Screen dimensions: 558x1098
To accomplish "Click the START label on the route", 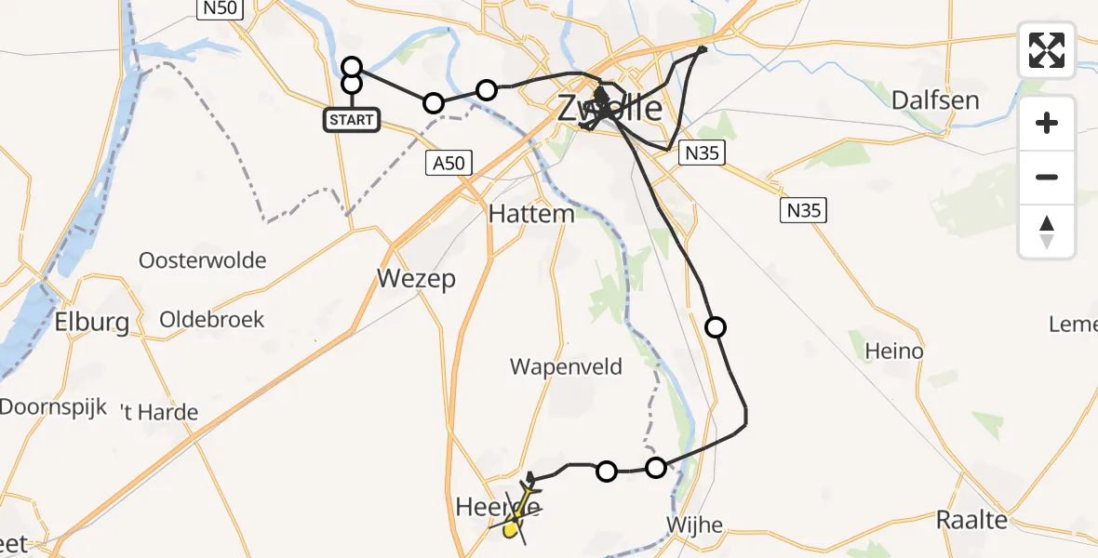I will click(352, 120).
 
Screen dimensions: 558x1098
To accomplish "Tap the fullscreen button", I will click(1047, 50).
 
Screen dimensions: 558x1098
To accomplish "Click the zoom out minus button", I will click(1047, 177).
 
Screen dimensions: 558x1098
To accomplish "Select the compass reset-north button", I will click(1047, 232).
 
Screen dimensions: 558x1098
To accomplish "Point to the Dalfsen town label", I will click(935, 100).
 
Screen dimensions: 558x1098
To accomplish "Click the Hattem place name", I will click(531, 214).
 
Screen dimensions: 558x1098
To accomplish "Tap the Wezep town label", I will click(416, 279).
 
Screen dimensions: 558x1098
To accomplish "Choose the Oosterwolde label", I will click(203, 260).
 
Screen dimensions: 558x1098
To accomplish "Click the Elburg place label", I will click(91, 323).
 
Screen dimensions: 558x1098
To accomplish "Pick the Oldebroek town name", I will click(212, 320).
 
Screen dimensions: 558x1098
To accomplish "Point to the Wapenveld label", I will click(566, 366).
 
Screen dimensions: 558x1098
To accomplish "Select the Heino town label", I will click(894, 351).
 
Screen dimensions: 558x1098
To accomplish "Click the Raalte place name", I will click(971, 520).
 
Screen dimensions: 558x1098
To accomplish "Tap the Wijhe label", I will click(694, 525).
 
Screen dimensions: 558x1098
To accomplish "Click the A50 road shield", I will click(449, 164).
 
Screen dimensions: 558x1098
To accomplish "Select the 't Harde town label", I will click(160, 412).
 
